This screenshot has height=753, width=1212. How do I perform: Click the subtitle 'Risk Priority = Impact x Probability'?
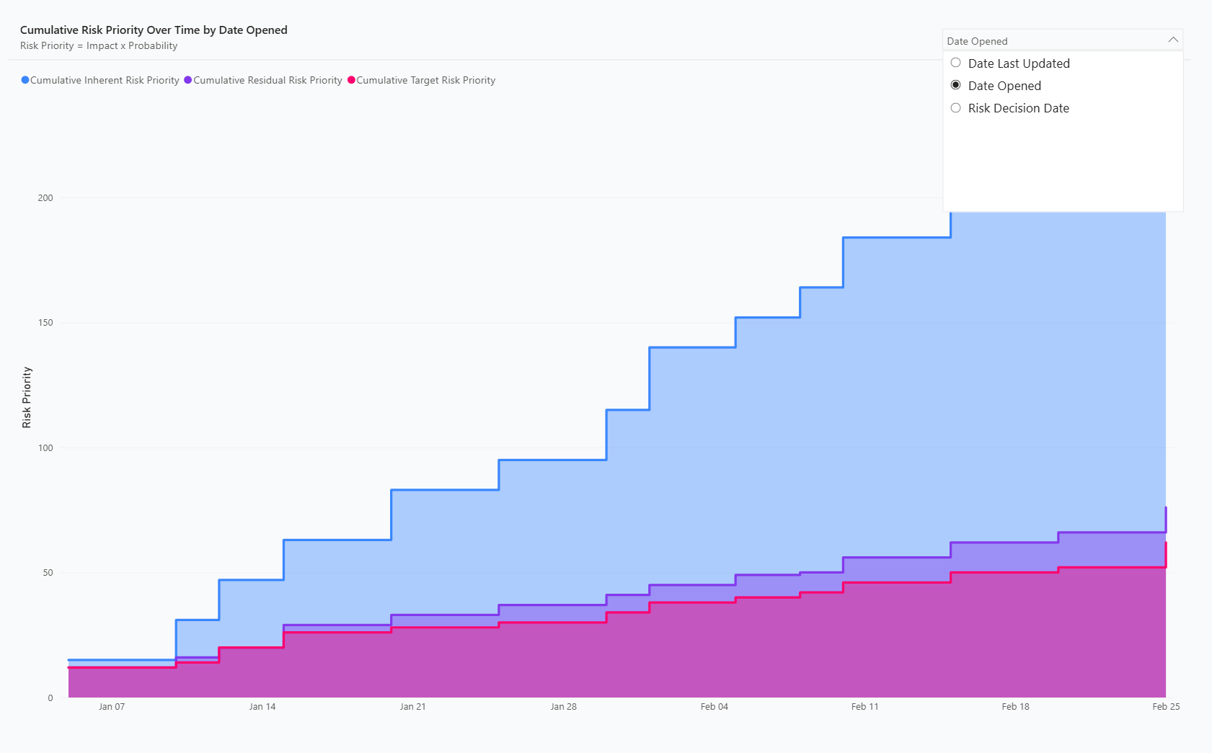click(99, 46)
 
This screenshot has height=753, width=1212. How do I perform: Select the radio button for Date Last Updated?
click(955, 63)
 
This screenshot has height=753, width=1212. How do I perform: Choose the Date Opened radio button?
click(955, 86)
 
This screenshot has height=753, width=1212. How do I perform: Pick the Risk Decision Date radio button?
click(955, 107)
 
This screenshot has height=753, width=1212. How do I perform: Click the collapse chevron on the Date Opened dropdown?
click(1173, 40)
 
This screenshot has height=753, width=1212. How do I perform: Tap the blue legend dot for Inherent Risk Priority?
click(25, 80)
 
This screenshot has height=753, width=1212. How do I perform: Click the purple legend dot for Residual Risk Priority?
click(187, 80)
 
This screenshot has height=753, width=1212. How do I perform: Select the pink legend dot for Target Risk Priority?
click(351, 80)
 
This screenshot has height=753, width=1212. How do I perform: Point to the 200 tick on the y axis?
click(45, 198)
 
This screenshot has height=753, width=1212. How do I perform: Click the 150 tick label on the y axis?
click(45, 323)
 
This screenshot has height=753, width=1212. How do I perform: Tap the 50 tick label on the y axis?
click(48, 572)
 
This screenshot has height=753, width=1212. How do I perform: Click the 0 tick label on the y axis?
click(50, 698)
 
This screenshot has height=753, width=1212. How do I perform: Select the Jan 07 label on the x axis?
click(112, 706)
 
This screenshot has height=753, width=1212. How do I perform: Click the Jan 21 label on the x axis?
click(413, 706)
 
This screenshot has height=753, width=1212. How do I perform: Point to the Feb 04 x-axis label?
click(715, 706)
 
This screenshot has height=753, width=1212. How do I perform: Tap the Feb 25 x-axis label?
click(1166, 706)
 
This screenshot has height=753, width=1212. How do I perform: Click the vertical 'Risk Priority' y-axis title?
click(27, 397)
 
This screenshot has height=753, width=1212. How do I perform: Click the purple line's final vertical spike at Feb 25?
click(1165, 520)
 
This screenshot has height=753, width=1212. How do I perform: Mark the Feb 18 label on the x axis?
click(1016, 706)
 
